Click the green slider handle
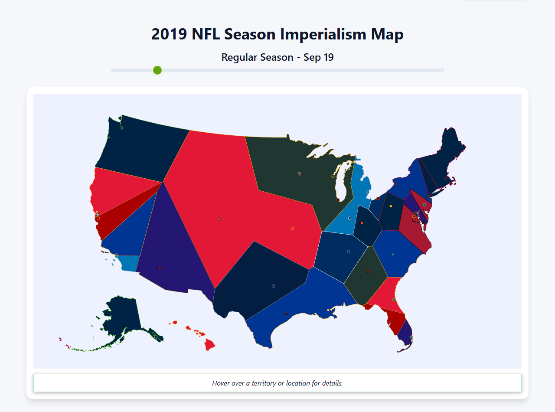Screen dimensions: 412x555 (157, 70)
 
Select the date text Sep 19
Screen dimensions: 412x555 (318, 57)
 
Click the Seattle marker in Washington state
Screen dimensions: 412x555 (121, 128)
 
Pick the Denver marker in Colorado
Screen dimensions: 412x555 (219, 219)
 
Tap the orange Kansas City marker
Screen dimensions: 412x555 (292, 228)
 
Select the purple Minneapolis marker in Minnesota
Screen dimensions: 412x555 (299, 174)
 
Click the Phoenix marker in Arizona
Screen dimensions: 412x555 (160, 268)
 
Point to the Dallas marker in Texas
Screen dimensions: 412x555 (273, 286)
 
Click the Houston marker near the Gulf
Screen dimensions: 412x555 (286, 314)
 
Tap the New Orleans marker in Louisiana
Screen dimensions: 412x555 (328, 310)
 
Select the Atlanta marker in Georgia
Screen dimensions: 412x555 (369, 271)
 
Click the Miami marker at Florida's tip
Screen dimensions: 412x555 (411, 337)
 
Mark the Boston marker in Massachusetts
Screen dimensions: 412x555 (445, 179)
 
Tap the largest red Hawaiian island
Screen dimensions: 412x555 (210, 345)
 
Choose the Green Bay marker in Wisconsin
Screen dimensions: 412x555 (333, 176)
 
